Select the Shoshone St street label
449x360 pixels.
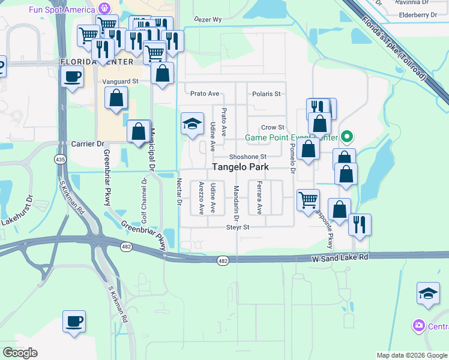(247, 157)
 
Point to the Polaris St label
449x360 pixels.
(266, 94)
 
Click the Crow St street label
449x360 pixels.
(273, 127)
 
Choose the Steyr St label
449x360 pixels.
(237, 227)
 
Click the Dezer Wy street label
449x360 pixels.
(208, 19)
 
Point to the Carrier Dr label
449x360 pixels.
(88, 144)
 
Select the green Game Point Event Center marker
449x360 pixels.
(346, 137)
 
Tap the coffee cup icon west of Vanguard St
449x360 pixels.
(73, 76)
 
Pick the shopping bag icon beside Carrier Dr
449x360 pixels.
(138, 130)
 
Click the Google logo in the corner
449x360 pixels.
(20, 353)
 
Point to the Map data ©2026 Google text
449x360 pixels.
(411, 355)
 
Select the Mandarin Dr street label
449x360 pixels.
(235, 200)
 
